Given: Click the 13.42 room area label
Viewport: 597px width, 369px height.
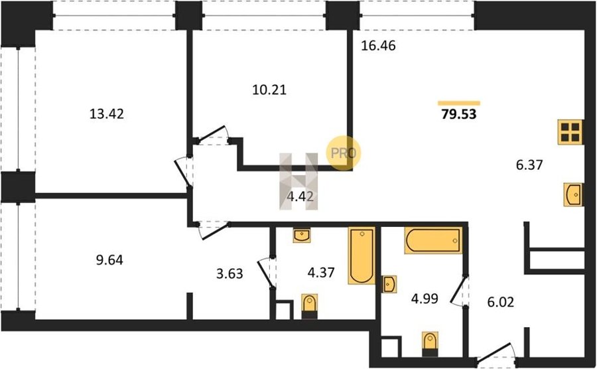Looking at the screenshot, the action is [107, 114].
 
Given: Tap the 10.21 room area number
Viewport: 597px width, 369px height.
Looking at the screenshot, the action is [269, 90].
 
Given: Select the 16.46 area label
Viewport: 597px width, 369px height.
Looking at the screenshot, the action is [378, 45].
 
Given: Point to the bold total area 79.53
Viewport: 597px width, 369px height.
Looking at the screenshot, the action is [459, 114].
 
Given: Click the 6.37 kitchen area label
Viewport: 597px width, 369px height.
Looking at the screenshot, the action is [529, 165].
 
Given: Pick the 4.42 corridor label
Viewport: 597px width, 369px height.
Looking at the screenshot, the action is [300, 196].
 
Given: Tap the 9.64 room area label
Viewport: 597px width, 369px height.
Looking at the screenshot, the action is [109, 260].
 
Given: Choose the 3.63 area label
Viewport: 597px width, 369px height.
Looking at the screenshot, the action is [230, 273].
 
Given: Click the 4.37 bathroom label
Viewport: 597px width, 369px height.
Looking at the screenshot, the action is [321, 272].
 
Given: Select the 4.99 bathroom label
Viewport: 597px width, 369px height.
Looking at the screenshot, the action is [425, 299].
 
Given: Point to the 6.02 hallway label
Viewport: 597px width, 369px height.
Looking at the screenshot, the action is [501, 302].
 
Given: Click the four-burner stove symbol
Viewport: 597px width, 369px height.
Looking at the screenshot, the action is [570, 132].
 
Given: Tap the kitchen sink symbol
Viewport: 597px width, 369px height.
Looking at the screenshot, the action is [573, 194].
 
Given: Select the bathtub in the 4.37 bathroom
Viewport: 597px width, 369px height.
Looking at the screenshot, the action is [362, 256].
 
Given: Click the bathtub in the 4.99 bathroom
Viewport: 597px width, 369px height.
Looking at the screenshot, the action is [433, 240].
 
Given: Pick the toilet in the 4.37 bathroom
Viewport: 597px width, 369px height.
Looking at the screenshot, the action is [310, 306].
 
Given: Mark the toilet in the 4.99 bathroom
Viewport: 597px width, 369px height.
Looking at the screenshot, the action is [430, 344].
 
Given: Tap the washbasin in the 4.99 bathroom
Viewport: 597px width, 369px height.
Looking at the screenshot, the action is [389, 284].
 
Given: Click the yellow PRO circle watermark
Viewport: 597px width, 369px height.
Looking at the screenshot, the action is [343, 153].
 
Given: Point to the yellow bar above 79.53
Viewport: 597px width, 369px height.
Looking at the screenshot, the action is [459, 103].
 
